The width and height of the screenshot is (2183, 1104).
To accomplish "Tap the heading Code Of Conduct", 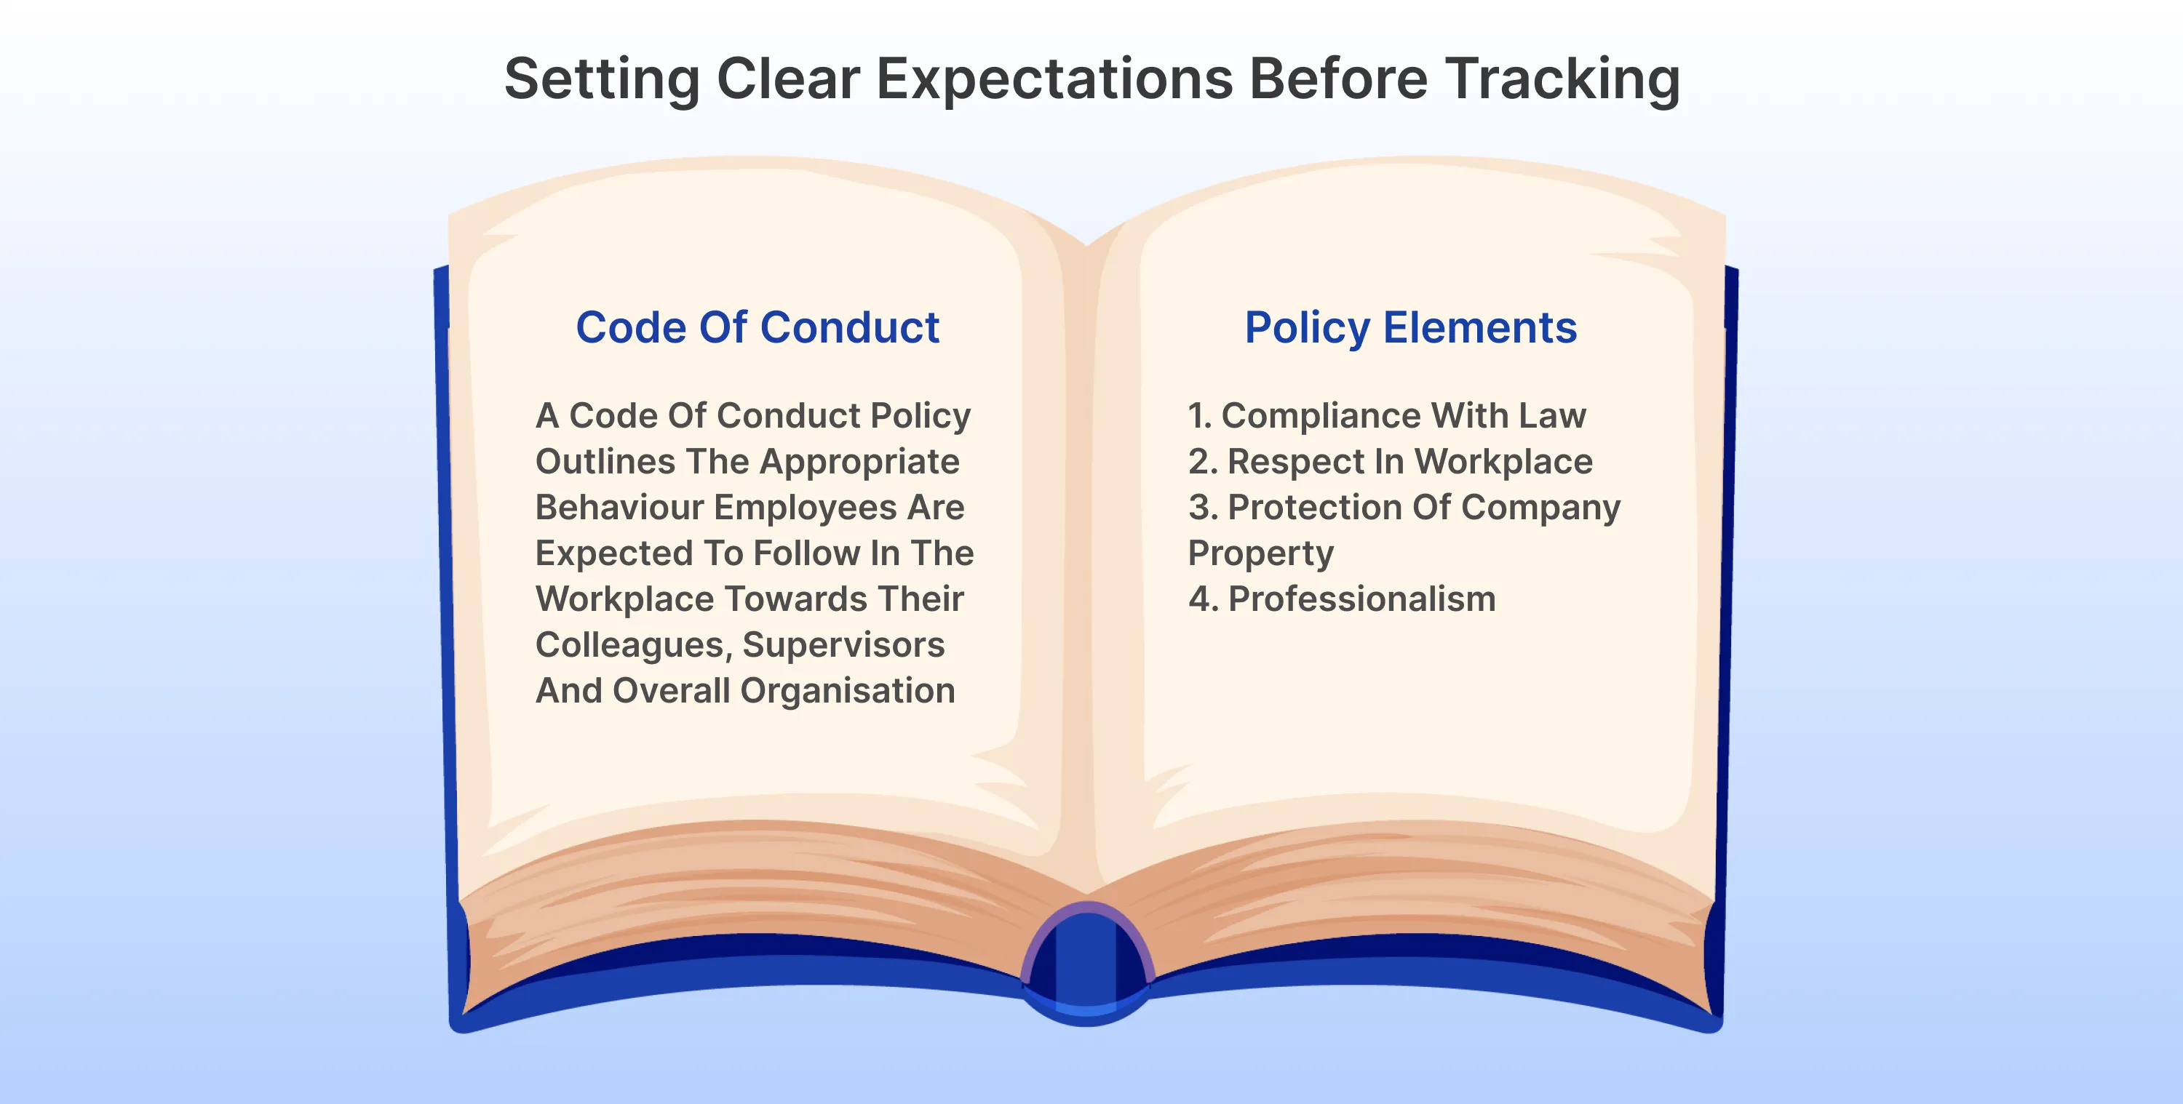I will coord(757,328).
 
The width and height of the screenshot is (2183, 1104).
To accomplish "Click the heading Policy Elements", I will coord(1410,328).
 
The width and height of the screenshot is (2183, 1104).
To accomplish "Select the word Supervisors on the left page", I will coord(843,645).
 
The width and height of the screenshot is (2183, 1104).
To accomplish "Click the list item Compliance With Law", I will coord(1402,416).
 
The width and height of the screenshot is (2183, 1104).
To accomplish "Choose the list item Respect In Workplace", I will coord(1409,462).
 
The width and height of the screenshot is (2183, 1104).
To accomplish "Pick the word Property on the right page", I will coord(1260,554).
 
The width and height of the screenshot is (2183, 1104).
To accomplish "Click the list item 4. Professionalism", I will coord(1342,599).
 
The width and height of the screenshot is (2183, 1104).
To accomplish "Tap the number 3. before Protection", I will coord(1203,508).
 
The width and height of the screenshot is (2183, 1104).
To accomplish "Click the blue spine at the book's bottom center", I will coord(1086,966).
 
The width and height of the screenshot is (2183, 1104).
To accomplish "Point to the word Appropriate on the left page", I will coord(859,463).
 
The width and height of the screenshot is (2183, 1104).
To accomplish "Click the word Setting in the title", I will coord(602,80).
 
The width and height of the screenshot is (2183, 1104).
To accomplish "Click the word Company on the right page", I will coord(1540,508).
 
